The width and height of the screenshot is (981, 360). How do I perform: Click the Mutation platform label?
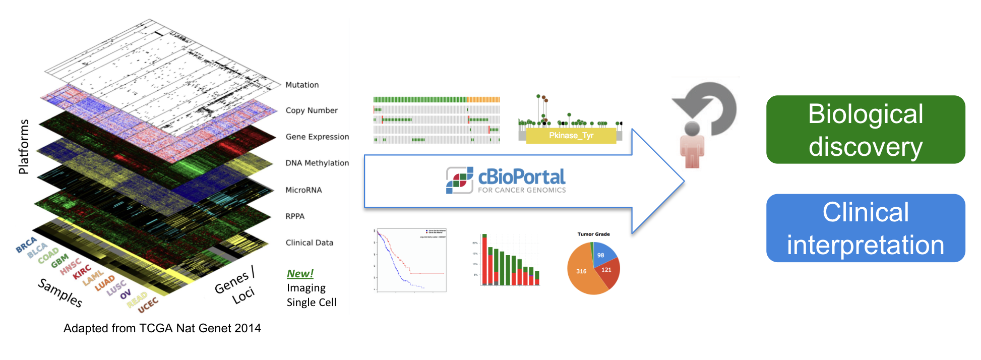tap(302, 85)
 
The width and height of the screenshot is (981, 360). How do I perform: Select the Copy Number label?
tap(312, 110)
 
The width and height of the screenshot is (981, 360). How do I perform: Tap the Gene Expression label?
tap(317, 137)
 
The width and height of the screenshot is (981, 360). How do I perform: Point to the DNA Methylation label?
tap(317, 163)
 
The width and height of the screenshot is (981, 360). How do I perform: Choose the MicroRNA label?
tap(303, 190)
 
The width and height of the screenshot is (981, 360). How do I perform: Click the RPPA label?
tap(295, 216)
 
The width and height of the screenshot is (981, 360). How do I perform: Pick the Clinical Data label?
tap(310, 243)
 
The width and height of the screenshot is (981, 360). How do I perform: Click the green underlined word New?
tap(300, 273)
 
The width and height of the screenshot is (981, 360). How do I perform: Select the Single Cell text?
tap(311, 303)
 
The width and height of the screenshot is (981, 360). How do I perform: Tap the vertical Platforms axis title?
tap(23, 147)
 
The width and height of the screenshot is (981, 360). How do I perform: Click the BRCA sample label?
tap(26, 245)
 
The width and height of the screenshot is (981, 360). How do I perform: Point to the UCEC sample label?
tap(148, 305)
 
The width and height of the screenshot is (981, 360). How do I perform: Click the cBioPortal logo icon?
tap(459, 181)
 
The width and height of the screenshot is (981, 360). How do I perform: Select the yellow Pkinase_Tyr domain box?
tap(571, 136)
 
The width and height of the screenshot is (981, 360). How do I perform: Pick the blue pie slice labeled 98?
tap(603, 253)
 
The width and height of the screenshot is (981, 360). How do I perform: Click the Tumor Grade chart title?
tap(593, 234)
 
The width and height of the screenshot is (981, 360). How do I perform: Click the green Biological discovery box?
tap(865, 130)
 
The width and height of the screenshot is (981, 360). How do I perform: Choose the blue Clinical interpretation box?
tap(865, 228)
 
